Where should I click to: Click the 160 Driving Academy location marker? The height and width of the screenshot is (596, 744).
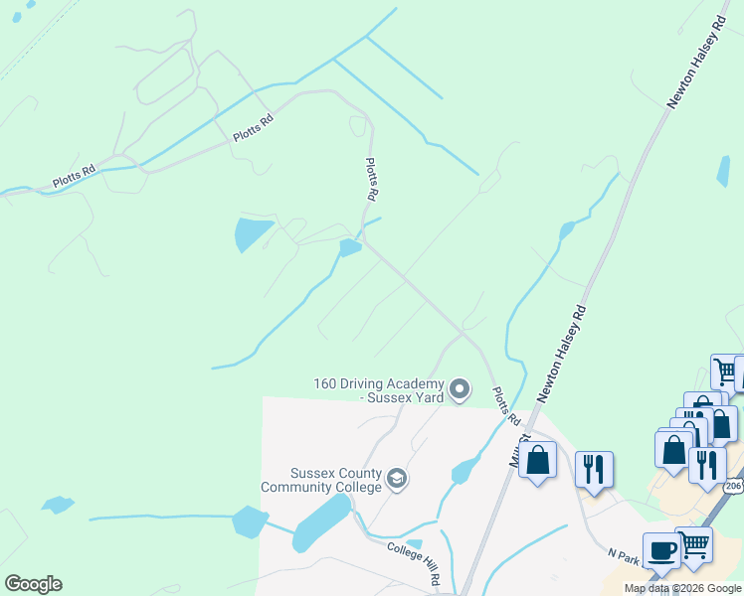pos(460,389)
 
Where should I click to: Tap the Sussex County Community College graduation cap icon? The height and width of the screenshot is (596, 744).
pos(396,480)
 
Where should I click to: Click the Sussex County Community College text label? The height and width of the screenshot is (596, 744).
pos(321,480)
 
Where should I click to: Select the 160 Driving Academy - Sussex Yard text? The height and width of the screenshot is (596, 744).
pos(378,390)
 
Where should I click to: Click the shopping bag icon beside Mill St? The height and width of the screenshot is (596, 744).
pos(538,461)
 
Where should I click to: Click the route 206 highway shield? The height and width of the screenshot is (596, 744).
pos(734,485)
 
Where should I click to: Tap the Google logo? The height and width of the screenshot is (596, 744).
pos(33,583)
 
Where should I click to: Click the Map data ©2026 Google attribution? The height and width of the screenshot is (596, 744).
pos(682,588)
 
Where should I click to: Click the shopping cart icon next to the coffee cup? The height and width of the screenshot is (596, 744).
pos(694,545)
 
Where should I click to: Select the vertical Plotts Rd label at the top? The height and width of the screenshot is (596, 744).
pos(371,180)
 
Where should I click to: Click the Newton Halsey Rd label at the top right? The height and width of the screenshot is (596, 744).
pos(694,62)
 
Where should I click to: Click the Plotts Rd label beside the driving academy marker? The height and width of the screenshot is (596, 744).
pos(506,406)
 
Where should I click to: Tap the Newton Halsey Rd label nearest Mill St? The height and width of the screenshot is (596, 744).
pos(564,354)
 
